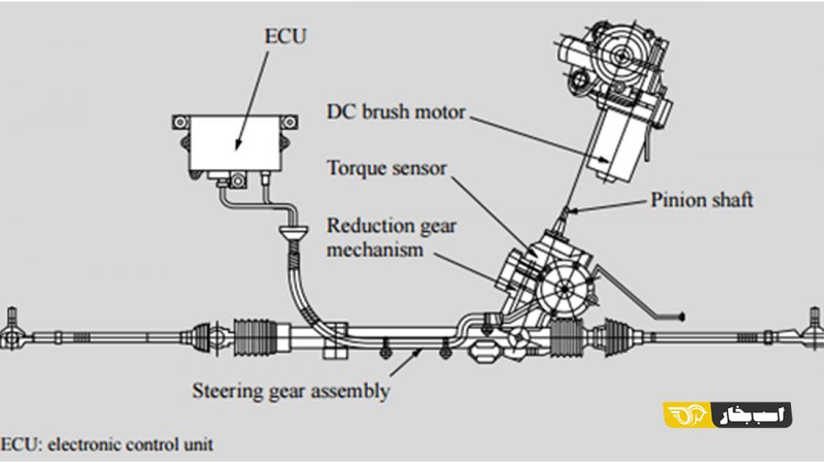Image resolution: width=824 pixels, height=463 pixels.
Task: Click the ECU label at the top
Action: click(x=286, y=37)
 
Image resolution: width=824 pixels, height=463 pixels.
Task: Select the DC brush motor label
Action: click(x=396, y=112)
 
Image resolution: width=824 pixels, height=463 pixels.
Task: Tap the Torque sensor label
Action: click(x=386, y=168)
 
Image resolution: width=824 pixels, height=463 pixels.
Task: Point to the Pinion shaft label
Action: click(x=701, y=199)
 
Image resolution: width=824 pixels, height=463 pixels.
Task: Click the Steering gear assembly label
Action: click(x=290, y=391)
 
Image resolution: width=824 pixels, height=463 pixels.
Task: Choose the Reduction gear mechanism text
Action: click(x=392, y=237)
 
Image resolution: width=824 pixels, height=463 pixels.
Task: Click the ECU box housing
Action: click(x=236, y=144)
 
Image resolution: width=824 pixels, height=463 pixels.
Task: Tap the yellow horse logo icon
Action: click(x=688, y=415)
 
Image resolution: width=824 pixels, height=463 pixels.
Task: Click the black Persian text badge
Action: click(x=752, y=415)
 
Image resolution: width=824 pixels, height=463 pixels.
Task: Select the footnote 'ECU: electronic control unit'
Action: click(x=107, y=445)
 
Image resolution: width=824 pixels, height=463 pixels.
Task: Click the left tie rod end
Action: click(x=11, y=333)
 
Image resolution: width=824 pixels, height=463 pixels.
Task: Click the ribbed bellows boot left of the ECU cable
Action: click(x=255, y=336)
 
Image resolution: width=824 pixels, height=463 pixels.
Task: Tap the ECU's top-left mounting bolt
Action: click(x=180, y=123)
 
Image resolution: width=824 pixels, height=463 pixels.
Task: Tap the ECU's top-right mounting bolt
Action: click(x=290, y=123)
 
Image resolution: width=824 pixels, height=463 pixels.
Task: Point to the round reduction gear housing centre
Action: click(x=564, y=289)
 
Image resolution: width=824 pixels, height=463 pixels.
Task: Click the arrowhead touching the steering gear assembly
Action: click(x=417, y=351)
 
